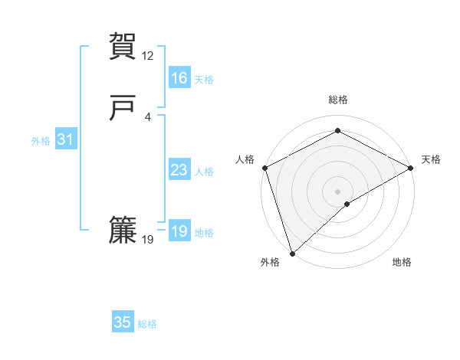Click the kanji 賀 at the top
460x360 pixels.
(123, 46)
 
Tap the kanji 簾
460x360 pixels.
(123, 231)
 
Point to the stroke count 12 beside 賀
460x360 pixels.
(148, 56)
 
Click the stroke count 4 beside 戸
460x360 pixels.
(148, 116)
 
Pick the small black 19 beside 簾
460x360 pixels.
(148, 240)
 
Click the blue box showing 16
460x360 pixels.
(179, 78)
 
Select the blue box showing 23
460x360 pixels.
(179, 170)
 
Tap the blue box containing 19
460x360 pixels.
(179, 231)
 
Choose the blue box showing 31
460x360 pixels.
(65, 139)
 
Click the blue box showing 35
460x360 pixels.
(123, 322)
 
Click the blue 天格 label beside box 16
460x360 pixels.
(204, 80)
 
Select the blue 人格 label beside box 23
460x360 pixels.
(204, 172)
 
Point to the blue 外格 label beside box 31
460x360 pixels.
(41, 141)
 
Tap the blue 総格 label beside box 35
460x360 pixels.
(147, 324)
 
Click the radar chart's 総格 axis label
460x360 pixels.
(338, 100)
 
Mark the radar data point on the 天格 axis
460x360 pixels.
(411, 168)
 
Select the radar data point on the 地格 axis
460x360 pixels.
(347, 204)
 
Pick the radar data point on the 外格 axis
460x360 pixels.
(292, 253)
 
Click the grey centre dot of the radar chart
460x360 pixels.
(337, 191)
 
